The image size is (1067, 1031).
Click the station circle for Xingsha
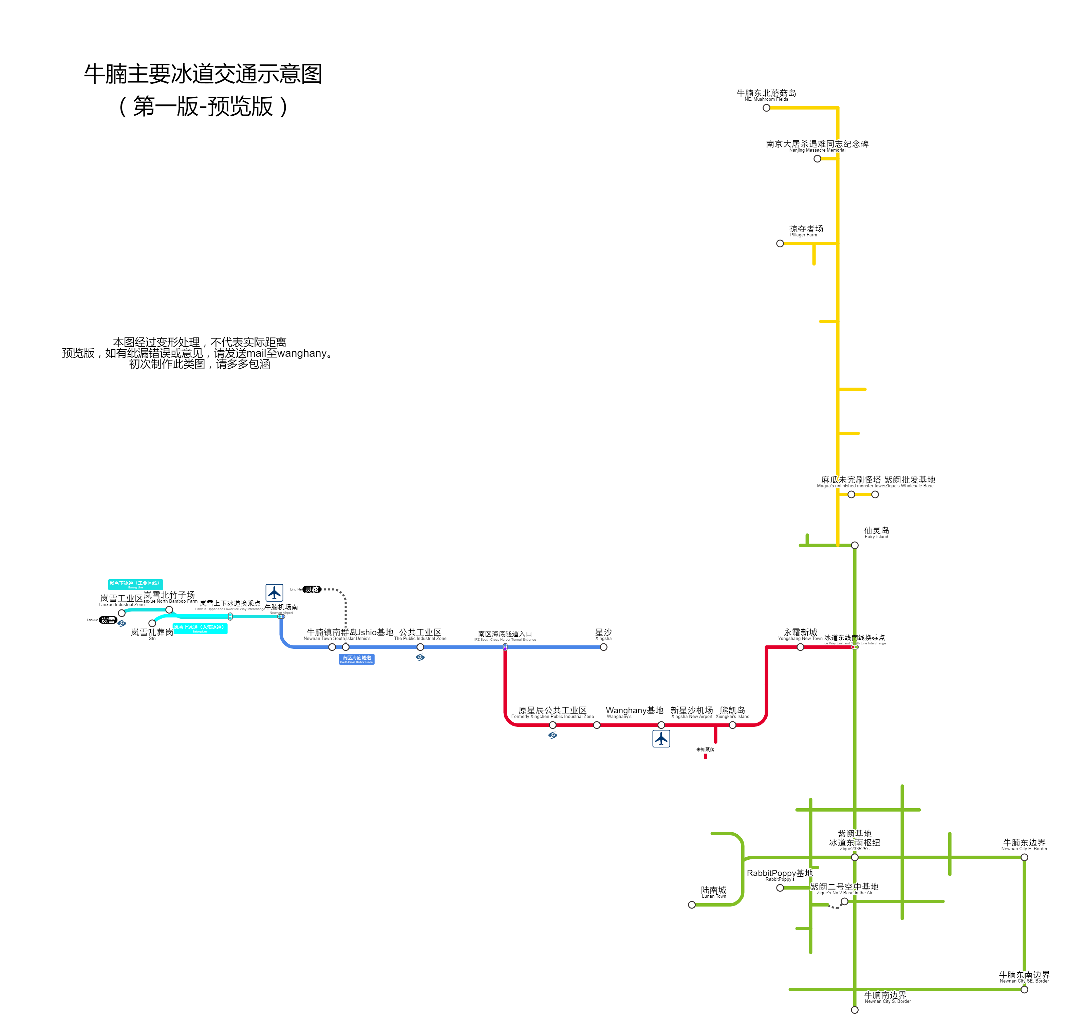coord(603,647)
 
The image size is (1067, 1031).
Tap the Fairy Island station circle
coord(855,545)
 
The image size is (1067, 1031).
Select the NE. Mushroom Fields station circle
coord(767,108)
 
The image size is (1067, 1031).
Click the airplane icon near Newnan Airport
coord(274,592)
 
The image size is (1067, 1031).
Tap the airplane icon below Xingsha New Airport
coord(661,739)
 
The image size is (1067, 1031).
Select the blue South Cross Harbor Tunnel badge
coord(357,659)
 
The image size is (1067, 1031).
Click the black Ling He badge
coord(312,589)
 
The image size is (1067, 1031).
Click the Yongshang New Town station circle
coord(800,647)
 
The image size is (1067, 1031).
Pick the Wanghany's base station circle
coord(597,725)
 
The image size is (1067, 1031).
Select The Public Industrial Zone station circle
coord(420,647)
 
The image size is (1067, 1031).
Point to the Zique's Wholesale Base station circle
coord(875,494)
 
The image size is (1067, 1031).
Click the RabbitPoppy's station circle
coord(780,888)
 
